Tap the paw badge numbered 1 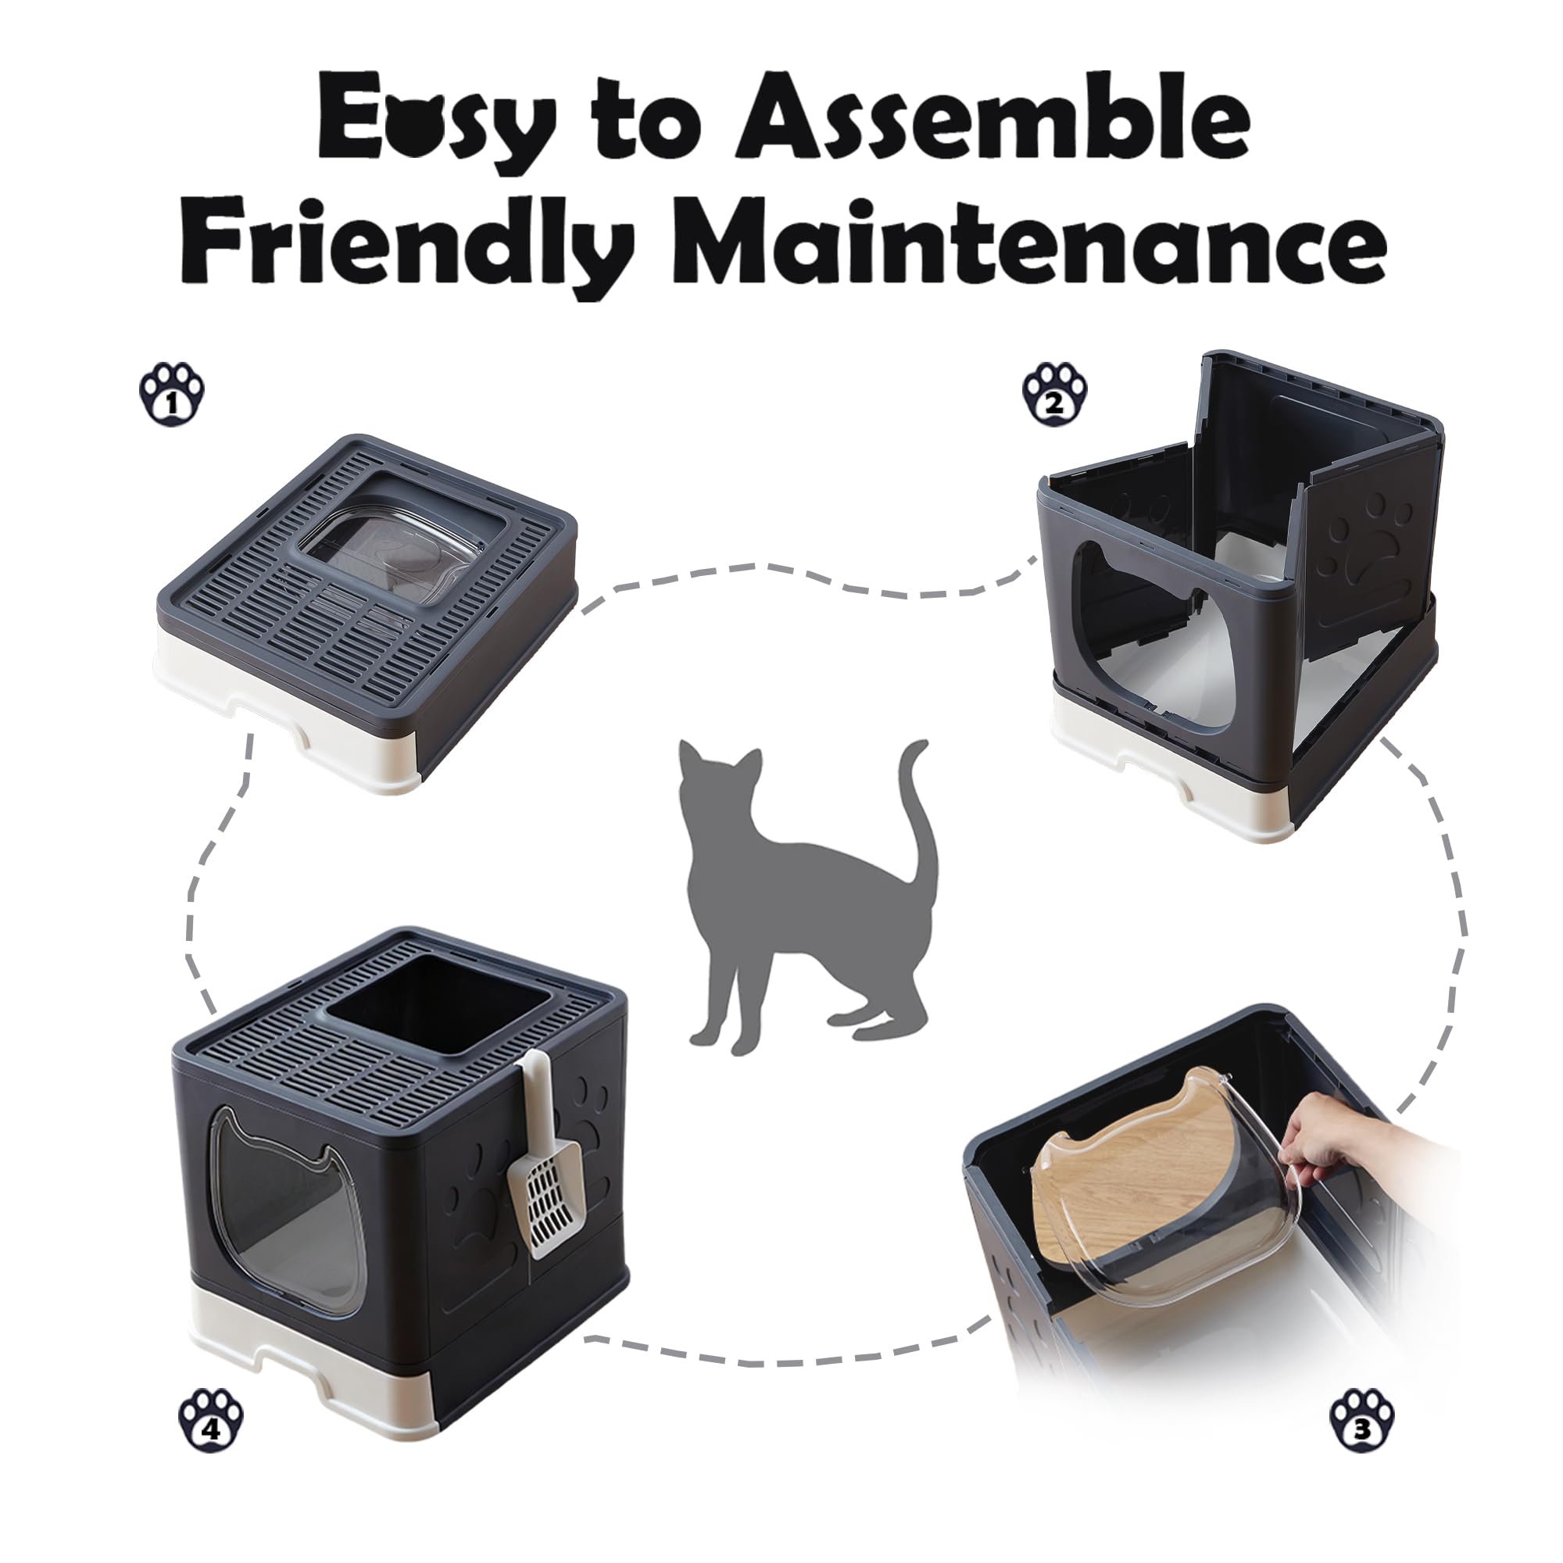[x=171, y=394]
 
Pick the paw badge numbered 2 [x=1055, y=394]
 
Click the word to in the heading [x=639, y=121]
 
